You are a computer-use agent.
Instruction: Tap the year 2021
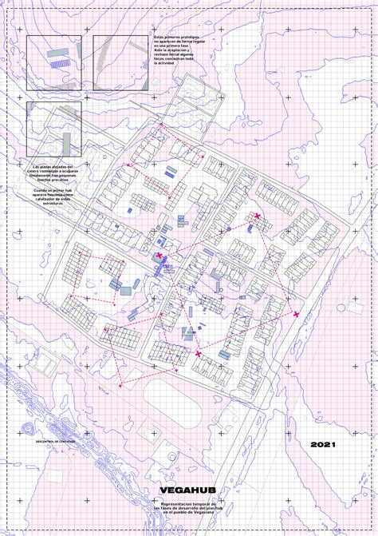[324, 444]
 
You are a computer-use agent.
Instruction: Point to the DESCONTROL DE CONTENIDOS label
[56, 440]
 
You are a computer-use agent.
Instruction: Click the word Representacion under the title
[178, 502]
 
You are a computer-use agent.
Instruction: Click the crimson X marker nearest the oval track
[198, 353]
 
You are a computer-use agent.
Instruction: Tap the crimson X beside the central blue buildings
[159, 256]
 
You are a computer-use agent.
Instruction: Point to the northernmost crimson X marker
[257, 216]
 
